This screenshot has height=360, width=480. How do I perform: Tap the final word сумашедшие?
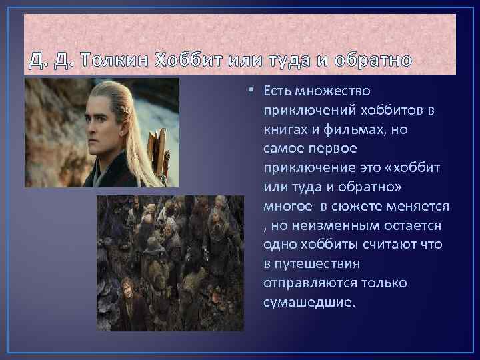point(310,303)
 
